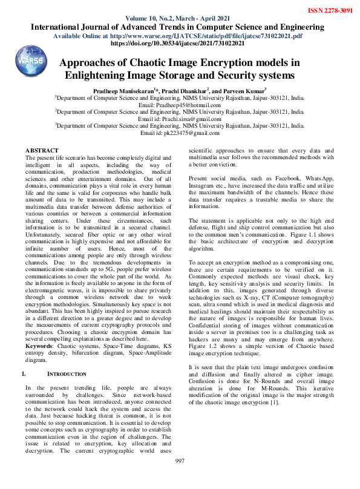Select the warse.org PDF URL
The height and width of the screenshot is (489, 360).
203,36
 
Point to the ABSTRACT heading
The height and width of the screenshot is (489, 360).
42,149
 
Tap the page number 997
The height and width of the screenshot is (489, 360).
180,479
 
